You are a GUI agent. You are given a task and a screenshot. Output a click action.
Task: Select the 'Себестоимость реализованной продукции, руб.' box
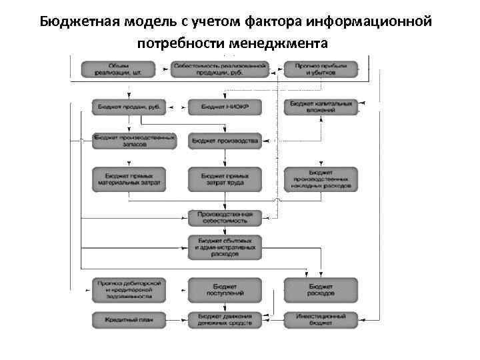(219, 69)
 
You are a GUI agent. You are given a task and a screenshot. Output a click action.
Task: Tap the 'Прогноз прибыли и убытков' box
(321, 69)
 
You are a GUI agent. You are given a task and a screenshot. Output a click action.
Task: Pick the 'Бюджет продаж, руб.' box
(129, 106)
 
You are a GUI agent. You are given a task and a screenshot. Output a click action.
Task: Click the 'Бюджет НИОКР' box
(224, 106)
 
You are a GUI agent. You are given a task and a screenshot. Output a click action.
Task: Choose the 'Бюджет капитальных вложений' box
(321, 106)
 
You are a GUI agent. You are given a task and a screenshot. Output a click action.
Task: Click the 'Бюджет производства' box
(224, 141)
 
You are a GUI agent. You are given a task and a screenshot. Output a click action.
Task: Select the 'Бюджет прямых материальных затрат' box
(128, 178)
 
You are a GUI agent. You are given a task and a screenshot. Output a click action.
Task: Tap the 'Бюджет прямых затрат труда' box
(224, 178)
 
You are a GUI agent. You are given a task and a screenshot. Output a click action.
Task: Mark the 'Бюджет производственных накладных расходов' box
(321, 178)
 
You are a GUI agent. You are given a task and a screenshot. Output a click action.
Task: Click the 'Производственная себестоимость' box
(224, 217)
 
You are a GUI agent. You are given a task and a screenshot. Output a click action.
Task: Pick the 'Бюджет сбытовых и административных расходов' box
(224, 247)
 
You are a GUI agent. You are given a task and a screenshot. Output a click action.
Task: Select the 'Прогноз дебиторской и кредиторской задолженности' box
(128, 289)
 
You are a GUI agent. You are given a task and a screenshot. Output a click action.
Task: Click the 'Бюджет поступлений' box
(224, 289)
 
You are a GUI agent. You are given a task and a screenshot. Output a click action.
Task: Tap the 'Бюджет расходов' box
(321, 289)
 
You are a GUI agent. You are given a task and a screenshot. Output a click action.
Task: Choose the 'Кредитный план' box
(128, 320)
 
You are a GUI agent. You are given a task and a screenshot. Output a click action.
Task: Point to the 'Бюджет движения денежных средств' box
(224, 320)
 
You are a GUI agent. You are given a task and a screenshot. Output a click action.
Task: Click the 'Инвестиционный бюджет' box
(321, 320)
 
